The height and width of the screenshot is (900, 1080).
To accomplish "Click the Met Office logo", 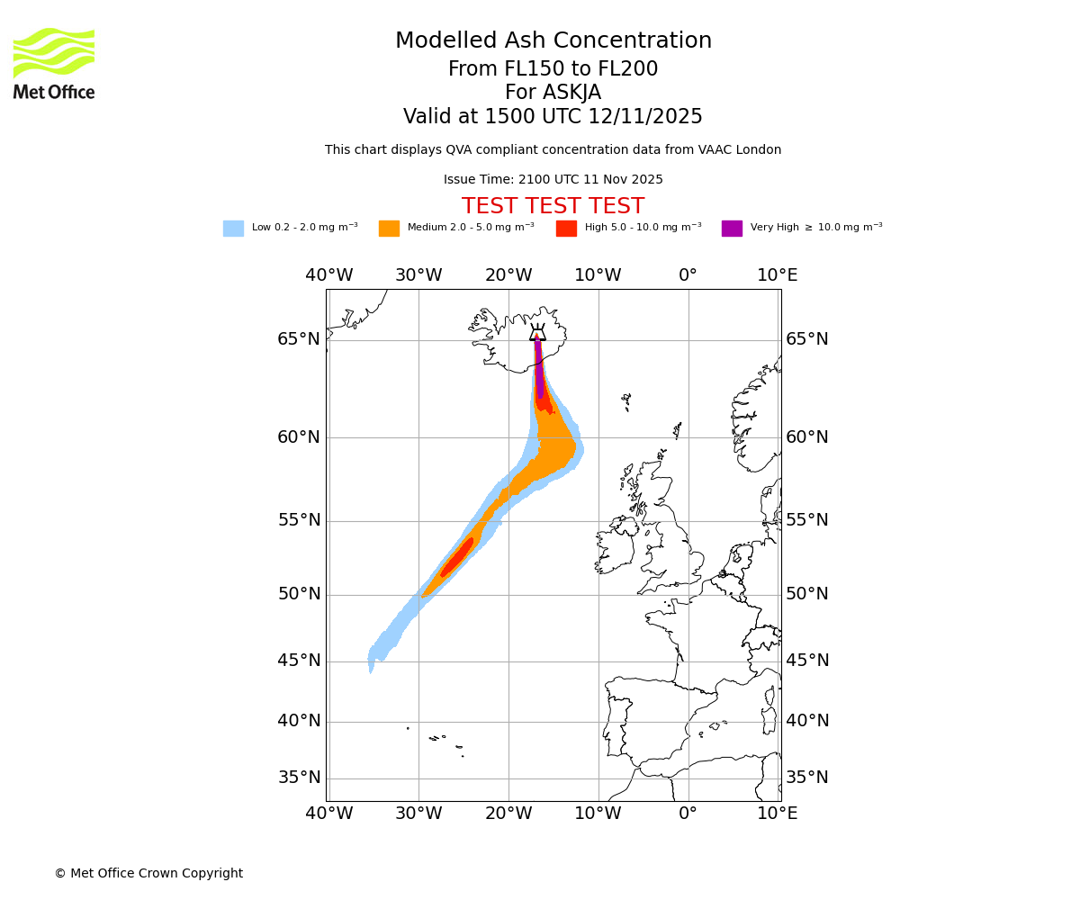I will (54, 63).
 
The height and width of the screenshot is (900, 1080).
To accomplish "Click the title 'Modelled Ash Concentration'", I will (553, 41).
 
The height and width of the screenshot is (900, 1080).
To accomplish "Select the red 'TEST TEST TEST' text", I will (553, 207).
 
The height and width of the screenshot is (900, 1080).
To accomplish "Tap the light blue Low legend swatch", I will (233, 229).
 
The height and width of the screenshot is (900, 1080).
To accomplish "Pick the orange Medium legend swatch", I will (389, 229).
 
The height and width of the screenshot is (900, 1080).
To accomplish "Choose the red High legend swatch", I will (566, 229).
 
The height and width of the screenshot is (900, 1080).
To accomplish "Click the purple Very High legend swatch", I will (732, 229).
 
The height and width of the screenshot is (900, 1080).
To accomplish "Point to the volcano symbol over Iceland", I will (537, 333).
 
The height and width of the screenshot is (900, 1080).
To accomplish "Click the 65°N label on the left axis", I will (299, 339).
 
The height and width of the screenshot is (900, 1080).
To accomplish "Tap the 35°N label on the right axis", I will (807, 778).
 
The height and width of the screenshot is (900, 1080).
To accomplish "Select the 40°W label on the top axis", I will (328, 275).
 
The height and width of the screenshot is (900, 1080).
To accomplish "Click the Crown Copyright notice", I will (148, 874).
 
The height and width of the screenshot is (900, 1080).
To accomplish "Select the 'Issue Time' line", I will (553, 180).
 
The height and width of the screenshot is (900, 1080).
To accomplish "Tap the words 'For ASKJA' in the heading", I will (553, 93).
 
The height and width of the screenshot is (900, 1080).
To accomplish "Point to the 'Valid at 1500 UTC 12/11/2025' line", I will (553, 117).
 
